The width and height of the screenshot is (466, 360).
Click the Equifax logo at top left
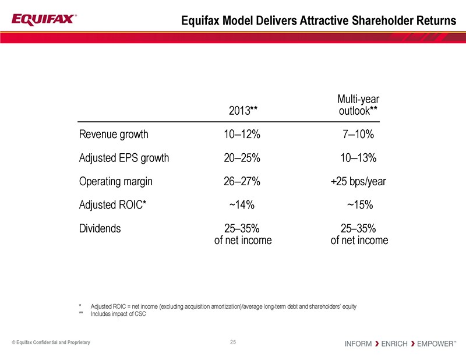click(44, 20)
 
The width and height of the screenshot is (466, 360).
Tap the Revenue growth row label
click(114, 135)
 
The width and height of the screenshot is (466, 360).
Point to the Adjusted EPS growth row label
click(123, 158)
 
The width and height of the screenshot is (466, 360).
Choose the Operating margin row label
click(115, 181)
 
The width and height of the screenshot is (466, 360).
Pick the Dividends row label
click(100, 228)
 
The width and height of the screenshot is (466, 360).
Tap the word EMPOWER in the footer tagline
click(435, 344)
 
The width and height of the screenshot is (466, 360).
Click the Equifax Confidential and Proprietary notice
click(51, 342)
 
